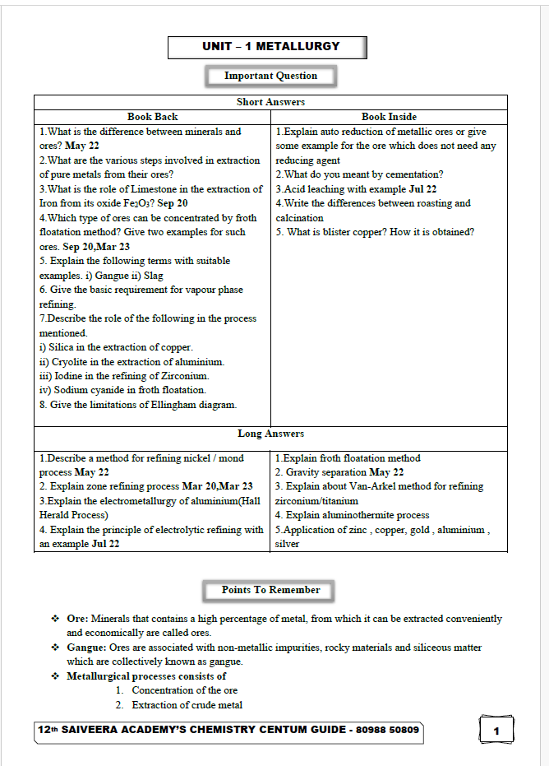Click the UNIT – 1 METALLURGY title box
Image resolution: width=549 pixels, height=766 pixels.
pyautogui.click(x=267, y=47)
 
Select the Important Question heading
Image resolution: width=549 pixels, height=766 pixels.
pyautogui.click(x=270, y=76)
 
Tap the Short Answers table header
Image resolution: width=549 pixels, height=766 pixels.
pyautogui.click(x=270, y=102)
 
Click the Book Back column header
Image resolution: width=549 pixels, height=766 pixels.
pyautogui.click(x=152, y=117)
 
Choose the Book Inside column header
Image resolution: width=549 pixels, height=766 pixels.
pyautogui.click(x=389, y=117)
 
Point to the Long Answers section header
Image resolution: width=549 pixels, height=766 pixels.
pyautogui.click(x=270, y=434)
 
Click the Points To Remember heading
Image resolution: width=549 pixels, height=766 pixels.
pyautogui.click(x=270, y=590)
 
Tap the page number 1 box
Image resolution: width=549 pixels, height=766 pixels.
pyautogui.click(x=496, y=731)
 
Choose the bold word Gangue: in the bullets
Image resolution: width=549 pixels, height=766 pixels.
pyautogui.click(x=86, y=648)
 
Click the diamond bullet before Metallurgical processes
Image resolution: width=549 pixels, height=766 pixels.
pyautogui.click(x=55, y=676)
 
